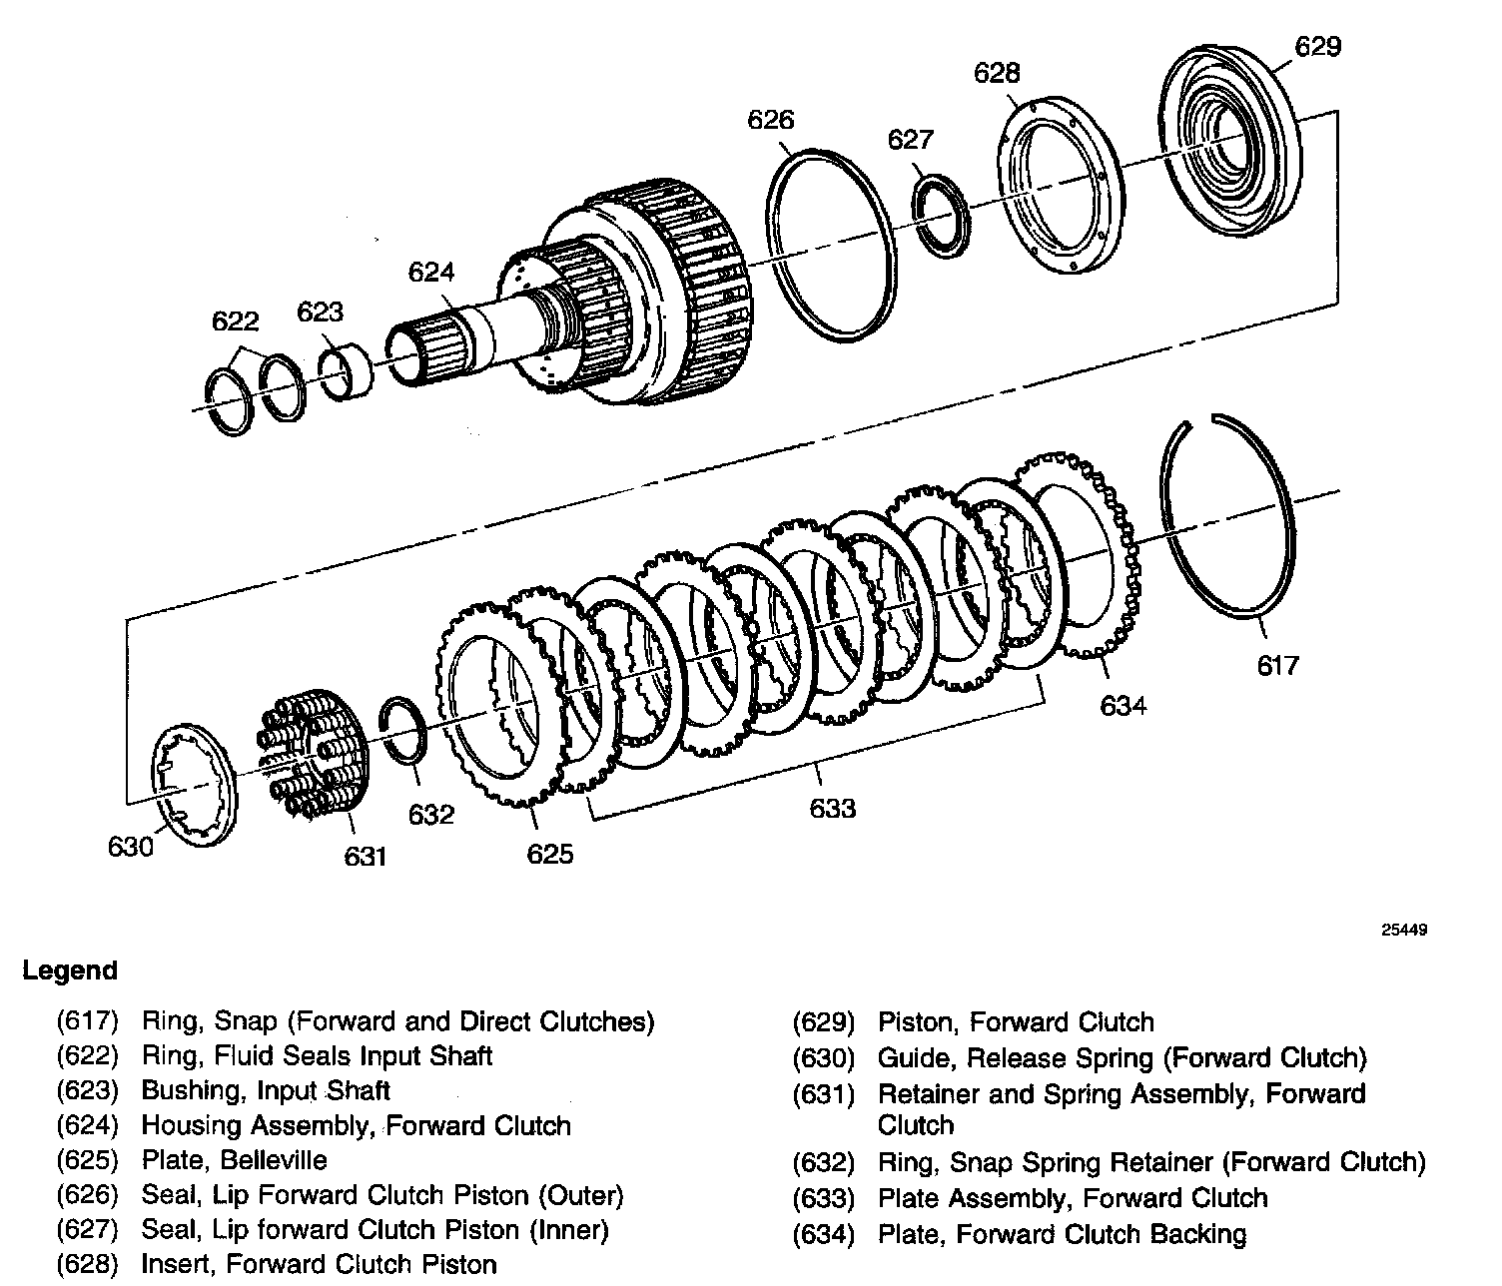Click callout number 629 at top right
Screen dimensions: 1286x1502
[x=1317, y=47]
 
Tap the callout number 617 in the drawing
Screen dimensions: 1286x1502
[x=1277, y=665]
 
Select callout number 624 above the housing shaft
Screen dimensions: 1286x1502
[x=430, y=272]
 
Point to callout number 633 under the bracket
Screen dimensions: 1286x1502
[x=832, y=808]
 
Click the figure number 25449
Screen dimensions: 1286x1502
[x=1404, y=930]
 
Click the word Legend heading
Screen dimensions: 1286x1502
[x=70, y=970]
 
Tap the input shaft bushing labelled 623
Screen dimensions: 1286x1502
[x=346, y=365]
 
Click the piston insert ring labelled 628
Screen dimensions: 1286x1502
[x=1061, y=187]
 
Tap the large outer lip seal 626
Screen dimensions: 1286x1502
[x=828, y=241]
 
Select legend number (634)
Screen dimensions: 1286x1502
[x=824, y=1235]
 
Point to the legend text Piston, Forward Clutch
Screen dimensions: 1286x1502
[x=1016, y=1022]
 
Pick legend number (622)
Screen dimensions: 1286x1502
[x=88, y=1056]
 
